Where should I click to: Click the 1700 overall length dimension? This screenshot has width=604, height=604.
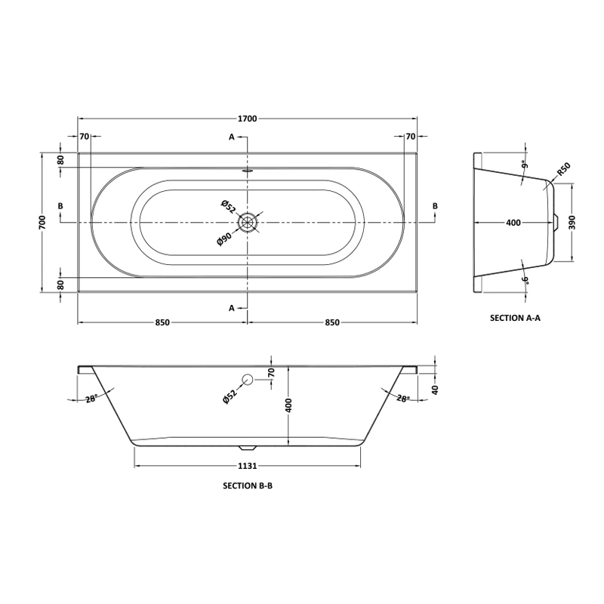click(248, 119)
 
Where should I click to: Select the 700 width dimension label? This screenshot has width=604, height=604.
click(42, 222)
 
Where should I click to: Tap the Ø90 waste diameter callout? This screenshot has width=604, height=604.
click(224, 239)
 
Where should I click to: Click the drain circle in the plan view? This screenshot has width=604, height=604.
click(248, 223)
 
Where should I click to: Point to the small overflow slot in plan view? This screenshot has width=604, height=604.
click(248, 169)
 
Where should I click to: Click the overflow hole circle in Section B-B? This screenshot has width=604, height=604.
click(248, 380)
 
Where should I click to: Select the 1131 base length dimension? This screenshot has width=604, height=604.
click(248, 466)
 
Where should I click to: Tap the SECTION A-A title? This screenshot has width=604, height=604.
click(515, 318)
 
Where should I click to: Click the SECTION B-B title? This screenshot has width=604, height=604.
click(248, 485)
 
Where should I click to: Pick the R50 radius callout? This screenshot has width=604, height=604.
click(563, 169)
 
